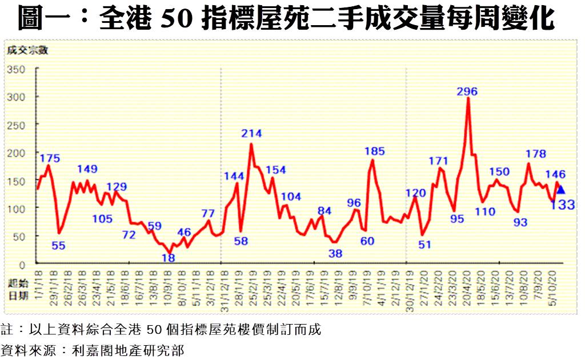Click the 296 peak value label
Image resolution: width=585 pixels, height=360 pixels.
(x=467, y=91)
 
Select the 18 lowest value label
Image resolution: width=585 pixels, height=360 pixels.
(x=168, y=258)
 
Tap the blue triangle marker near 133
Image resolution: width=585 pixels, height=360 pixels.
(x=560, y=190)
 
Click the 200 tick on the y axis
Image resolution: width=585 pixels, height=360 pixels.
(x=16, y=153)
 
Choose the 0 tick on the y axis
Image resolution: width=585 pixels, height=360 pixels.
(x=23, y=264)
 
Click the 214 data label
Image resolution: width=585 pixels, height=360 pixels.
(x=251, y=134)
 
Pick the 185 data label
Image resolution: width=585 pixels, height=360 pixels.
(x=375, y=151)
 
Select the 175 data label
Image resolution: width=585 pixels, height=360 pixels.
(x=50, y=158)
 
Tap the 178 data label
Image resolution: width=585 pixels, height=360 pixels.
(x=535, y=153)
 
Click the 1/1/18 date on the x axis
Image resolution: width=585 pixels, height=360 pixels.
(x=39, y=280)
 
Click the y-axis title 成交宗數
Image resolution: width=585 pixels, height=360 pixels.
(x=27, y=49)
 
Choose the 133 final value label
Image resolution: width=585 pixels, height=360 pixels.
(x=563, y=205)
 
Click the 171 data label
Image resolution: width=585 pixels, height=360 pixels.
(x=439, y=161)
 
